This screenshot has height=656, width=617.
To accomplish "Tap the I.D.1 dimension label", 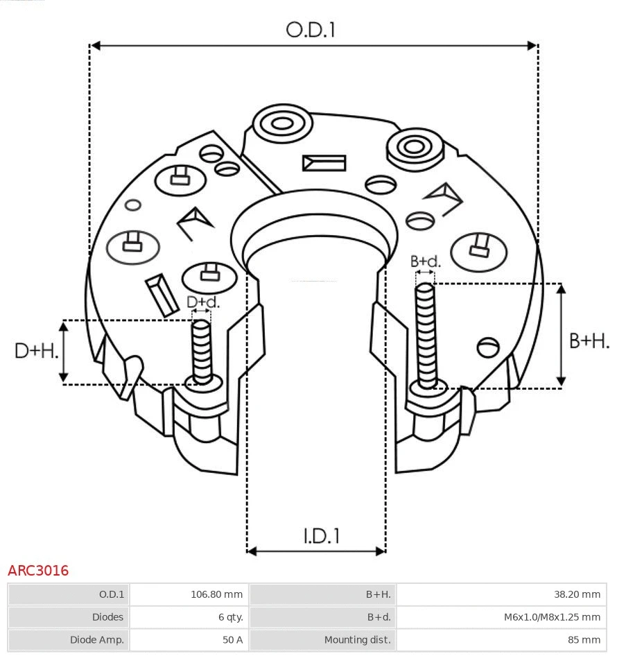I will click(x=322, y=535).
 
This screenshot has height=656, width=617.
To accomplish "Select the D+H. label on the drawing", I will click(x=36, y=351).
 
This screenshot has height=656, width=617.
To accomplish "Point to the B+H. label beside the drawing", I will click(x=589, y=340).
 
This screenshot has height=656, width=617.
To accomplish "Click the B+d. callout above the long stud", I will click(x=425, y=261).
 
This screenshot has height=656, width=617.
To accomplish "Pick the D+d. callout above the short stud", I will click(x=203, y=302).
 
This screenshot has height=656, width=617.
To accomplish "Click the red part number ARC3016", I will click(x=38, y=571).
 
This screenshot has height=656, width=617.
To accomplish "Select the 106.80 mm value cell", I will click(x=216, y=594).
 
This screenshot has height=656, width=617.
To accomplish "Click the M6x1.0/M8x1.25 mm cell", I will click(x=552, y=617).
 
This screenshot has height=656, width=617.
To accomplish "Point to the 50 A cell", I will click(x=232, y=640).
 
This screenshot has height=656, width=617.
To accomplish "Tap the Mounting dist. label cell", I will click(x=357, y=640).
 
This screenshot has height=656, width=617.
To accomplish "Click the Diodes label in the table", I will click(x=107, y=617).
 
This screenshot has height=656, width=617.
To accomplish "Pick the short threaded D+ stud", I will click(x=202, y=351).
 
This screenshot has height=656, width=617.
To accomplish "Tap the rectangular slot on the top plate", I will click(x=324, y=163).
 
